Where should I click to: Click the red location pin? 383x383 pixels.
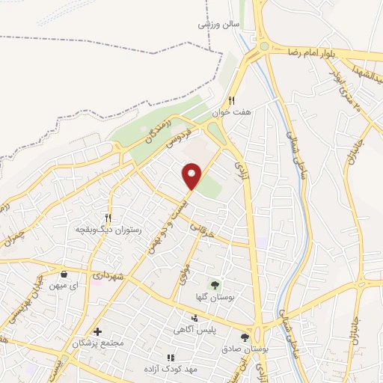tap(193, 176)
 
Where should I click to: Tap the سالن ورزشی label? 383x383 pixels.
tap(218, 23)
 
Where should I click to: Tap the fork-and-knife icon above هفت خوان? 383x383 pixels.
tap(232, 100)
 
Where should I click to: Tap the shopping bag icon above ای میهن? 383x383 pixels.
tap(64, 275)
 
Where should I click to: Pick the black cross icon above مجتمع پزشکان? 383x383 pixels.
tap(97, 331)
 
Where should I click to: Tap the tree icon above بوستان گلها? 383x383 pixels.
tap(215, 285)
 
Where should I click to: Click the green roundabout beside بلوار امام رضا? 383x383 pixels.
tap(263, 46)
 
